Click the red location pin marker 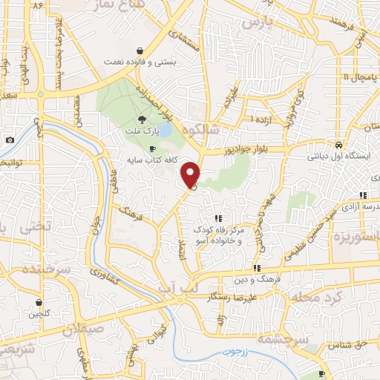[x=191, y=174]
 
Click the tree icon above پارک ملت [x=142, y=119]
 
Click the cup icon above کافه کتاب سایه [x=154, y=149]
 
